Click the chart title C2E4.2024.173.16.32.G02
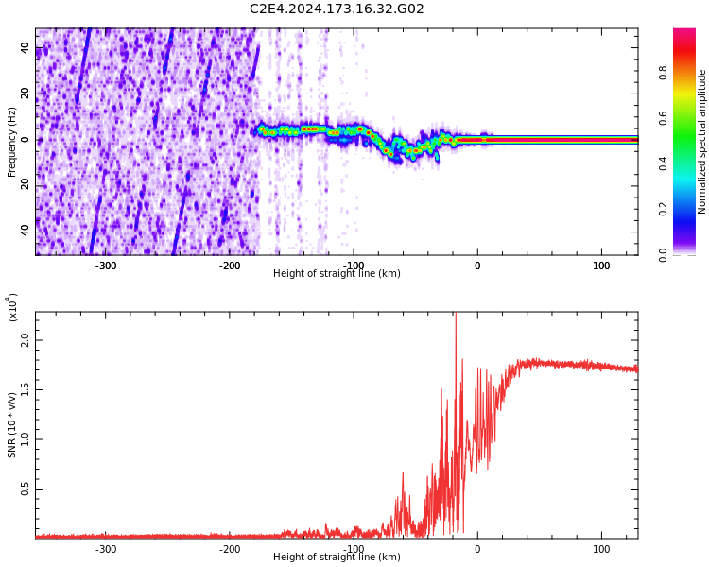[x=337, y=9]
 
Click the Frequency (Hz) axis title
[x=12, y=142]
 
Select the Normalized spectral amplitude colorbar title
[x=702, y=142]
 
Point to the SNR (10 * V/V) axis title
[x=12, y=425]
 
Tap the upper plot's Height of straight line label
[x=337, y=274]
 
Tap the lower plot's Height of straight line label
[x=337, y=558]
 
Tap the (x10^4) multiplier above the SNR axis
[x=13, y=306]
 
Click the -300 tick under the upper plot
[x=106, y=266]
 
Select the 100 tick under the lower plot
[x=601, y=549]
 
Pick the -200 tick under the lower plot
[x=230, y=549]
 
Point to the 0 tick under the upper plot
[x=477, y=266]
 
